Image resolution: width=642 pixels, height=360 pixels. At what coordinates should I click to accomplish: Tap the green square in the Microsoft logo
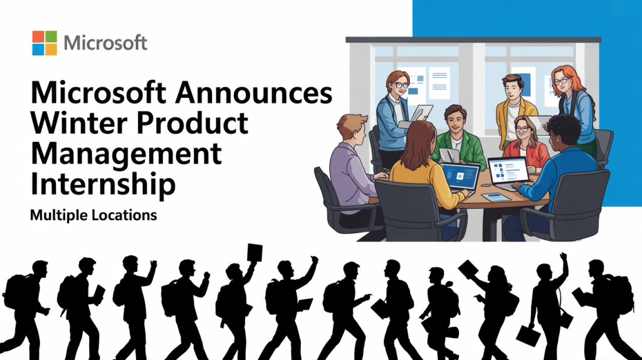click(50, 36)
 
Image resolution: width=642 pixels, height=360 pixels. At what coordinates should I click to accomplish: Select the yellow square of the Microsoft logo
click(50, 48)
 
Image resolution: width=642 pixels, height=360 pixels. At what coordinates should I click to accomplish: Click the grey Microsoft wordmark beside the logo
click(105, 43)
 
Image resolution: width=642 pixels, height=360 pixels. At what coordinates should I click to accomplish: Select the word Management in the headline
click(125, 152)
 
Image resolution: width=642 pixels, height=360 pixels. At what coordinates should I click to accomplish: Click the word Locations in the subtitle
click(123, 214)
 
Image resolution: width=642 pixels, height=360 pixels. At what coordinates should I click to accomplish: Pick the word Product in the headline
click(197, 123)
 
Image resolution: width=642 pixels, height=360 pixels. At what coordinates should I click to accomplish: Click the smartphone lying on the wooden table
click(495, 196)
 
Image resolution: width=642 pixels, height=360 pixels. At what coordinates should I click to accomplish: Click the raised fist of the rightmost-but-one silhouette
click(563, 257)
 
